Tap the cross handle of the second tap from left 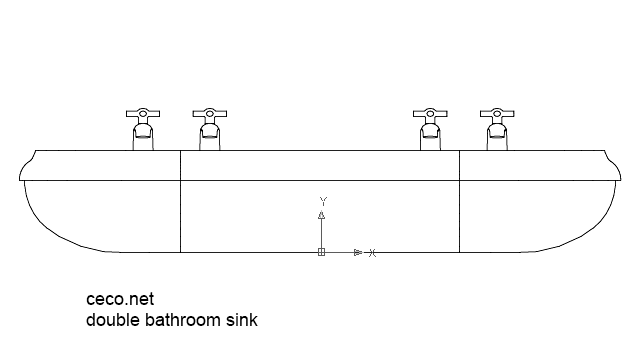[x=209, y=113]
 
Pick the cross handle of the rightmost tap [x=496, y=113]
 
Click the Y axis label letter [x=322, y=200]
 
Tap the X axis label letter [x=372, y=253]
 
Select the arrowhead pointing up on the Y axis [x=322, y=214]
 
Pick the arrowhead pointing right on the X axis [x=357, y=252]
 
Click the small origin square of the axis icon [x=321, y=252]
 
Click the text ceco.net [x=118, y=298]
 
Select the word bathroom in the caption [x=185, y=321]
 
